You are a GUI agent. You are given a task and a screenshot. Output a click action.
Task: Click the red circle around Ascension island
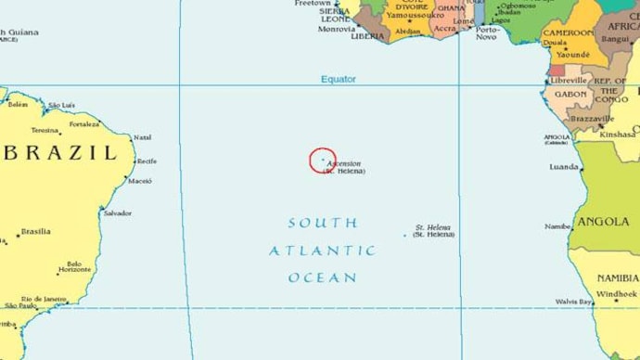click(323, 160)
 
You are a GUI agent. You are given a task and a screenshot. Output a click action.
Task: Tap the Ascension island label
click(344, 164)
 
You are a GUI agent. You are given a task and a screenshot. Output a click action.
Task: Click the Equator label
click(339, 80)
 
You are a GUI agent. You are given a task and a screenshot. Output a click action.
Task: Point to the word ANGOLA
click(604, 223)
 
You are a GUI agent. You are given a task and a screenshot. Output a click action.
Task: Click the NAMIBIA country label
click(617, 278)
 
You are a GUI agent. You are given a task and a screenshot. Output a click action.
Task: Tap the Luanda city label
click(564, 167)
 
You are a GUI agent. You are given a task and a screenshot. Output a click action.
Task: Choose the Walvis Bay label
click(573, 302)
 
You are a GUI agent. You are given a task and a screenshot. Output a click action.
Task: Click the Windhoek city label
click(617, 294)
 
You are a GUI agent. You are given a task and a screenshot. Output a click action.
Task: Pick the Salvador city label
click(118, 213)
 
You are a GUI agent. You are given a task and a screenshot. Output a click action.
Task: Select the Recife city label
click(147, 161)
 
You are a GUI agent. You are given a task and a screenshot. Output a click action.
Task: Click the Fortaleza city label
click(83, 124)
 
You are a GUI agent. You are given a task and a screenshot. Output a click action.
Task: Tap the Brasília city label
click(35, 232)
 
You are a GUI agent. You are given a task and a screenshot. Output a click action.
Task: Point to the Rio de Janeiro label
click(43, 299)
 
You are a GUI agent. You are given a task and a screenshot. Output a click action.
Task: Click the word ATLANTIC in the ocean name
click(322, 251)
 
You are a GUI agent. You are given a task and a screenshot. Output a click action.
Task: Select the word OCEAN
click(322, 277)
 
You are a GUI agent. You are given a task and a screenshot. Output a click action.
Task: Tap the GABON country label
click(570, 94)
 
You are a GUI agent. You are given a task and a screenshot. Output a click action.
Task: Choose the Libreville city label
click(570, 81)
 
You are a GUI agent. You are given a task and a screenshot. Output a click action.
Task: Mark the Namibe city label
click(558, 226)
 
